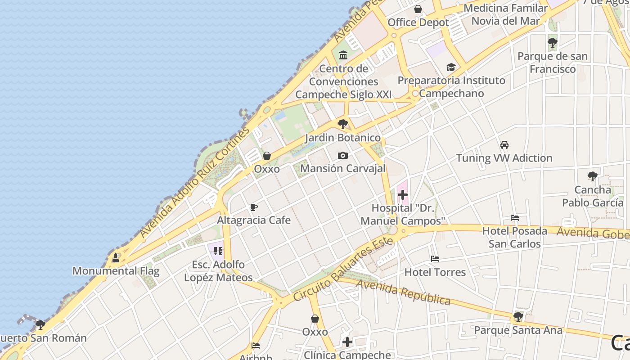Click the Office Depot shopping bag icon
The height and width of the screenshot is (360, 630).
[418, 9]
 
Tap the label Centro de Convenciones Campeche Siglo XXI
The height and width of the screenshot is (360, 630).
[343, 81]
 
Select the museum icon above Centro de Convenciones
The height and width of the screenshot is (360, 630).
[343, 55]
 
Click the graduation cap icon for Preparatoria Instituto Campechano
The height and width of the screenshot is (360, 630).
[451, 67]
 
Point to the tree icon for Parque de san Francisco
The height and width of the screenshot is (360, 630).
[553, 43]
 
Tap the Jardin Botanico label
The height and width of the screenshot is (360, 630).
[343, 138]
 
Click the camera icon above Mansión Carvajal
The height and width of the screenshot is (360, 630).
[343, 156]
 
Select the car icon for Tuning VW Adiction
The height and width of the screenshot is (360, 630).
[504, 145]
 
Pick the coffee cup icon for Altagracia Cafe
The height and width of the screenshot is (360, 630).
[254, 207]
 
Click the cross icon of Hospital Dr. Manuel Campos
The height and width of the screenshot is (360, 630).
[403, 195]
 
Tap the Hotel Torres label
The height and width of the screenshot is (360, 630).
[435, 272]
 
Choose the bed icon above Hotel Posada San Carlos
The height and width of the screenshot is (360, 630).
[515, 218]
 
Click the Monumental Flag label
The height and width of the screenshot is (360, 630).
[116, 271]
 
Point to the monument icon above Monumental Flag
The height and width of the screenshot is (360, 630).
[116, 258]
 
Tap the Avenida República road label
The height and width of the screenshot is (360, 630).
[403, 292]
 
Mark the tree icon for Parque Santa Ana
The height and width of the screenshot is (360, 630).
[518, 317]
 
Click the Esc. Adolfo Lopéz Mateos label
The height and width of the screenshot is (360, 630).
[218, 271]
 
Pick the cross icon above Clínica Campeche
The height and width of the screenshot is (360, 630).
[347, 342]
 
